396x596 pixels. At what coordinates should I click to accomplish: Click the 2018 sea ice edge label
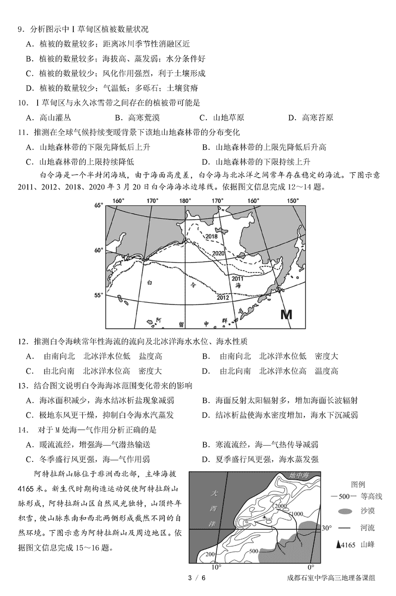[x=211, y=236]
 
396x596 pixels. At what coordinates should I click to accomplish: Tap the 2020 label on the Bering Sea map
[x=218, y=253]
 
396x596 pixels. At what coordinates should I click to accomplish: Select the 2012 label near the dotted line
[x=223, y=297]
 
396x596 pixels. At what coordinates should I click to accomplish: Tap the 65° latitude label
[x=99, y=205]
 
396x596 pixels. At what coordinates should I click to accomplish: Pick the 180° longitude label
[x=185, y=201]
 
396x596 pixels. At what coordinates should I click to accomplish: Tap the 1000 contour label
[x=296, y=514]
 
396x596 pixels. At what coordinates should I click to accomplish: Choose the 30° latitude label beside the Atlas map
[x=325, y=528]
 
